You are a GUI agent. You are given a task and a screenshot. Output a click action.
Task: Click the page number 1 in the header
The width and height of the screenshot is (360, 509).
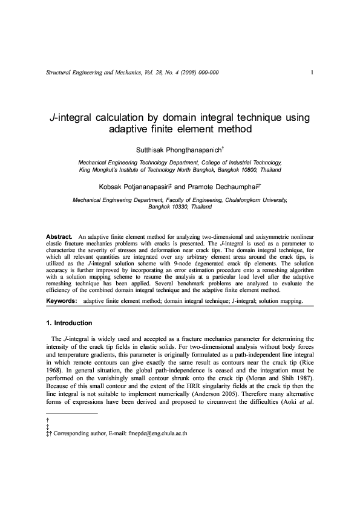click(x=310, y=73)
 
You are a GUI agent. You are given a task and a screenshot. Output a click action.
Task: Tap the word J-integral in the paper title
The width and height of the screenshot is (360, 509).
click(x=71, y=117)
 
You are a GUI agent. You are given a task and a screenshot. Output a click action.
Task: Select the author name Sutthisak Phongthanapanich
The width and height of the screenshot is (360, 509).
click(x=179, y=148)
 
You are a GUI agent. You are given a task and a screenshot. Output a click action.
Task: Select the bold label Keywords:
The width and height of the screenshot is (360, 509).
click(x=62, y=300)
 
